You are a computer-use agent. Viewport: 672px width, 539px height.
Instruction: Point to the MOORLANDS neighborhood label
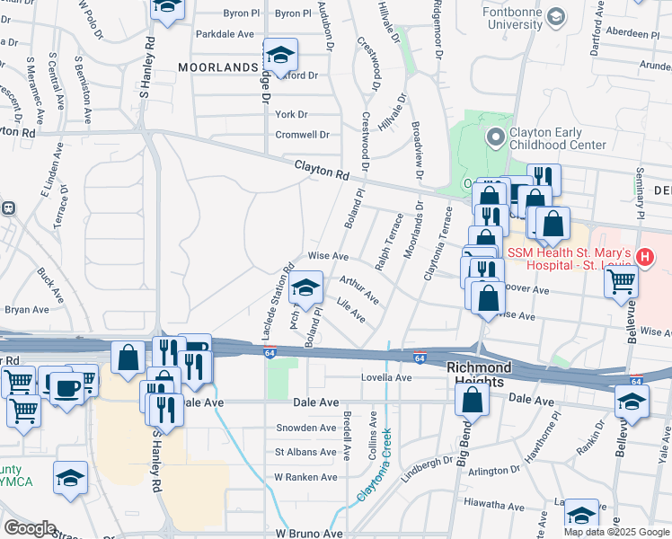218,67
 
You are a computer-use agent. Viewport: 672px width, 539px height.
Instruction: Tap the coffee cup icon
69,388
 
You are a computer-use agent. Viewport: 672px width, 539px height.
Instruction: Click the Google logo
30,528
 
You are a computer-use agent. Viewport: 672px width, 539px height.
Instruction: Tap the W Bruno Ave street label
310,533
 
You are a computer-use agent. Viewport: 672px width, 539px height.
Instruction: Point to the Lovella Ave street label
386,377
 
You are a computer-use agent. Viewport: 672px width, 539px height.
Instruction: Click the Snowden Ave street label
306,428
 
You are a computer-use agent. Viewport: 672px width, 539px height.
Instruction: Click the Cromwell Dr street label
302,135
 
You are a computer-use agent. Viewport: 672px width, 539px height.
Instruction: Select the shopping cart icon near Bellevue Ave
622,285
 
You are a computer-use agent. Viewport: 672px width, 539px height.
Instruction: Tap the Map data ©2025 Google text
615,532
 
